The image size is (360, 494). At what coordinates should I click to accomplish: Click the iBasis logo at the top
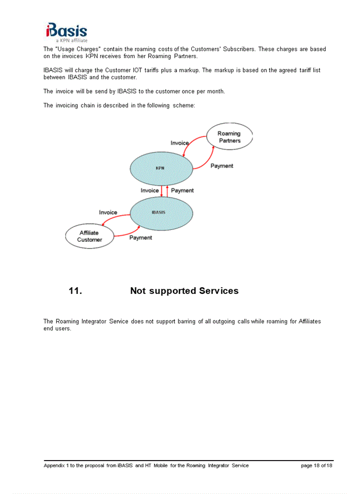[66, 31]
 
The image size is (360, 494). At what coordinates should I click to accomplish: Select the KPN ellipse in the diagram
[160, 168]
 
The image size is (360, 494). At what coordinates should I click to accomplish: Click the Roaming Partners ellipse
[229, 137]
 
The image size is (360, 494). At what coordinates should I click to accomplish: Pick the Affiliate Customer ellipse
[89, 236]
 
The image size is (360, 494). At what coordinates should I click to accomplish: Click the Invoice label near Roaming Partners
[179, 143]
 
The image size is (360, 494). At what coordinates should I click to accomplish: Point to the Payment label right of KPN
[222, 166]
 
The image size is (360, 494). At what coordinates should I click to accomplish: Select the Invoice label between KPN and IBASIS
[150, 190]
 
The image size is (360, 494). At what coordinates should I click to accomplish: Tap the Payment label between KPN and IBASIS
[182, 190]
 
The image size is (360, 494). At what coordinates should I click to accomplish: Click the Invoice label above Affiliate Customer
[108, 212]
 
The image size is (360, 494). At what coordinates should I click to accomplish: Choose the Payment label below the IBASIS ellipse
[140, 238]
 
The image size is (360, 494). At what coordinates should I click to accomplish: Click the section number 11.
[75, 291]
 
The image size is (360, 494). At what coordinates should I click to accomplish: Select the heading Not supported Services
[184, 291]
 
